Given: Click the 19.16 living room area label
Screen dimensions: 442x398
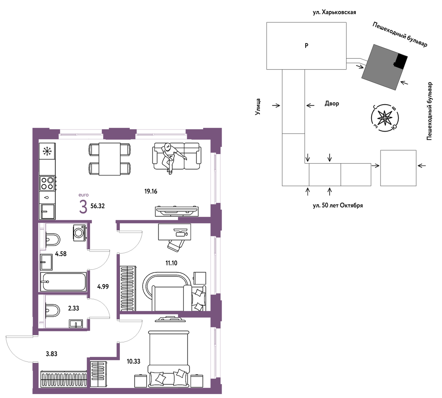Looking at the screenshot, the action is tap(151, 191).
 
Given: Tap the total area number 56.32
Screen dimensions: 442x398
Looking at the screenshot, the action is tap(98, 206).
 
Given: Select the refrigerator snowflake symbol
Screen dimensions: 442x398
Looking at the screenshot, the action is tap(47, 151).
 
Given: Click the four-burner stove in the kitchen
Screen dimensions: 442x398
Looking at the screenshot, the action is tap(47, 183).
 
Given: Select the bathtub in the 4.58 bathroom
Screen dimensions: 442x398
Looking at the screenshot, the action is tap(63, 282).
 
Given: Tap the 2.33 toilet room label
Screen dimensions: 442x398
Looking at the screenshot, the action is tap(74, 308).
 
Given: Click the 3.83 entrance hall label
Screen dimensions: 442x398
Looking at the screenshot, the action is tap(52, 354).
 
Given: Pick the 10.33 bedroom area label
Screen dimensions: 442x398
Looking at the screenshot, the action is tap(133, 362).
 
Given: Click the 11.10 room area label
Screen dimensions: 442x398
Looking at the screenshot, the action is tap(171, 263).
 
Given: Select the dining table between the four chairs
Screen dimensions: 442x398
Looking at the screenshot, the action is tap(109, 159).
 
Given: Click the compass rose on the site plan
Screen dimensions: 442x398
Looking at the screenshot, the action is tap(384, 118).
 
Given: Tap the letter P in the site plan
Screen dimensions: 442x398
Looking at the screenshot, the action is tap(306, 46).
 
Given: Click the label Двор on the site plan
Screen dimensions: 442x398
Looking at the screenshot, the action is tap(332, 104).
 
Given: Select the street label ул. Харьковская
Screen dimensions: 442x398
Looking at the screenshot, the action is tap(334, 13).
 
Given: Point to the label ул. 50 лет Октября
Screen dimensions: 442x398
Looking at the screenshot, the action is tap(338, 206).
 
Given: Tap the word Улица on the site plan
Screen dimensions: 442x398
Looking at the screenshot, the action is tap(258, 107).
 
